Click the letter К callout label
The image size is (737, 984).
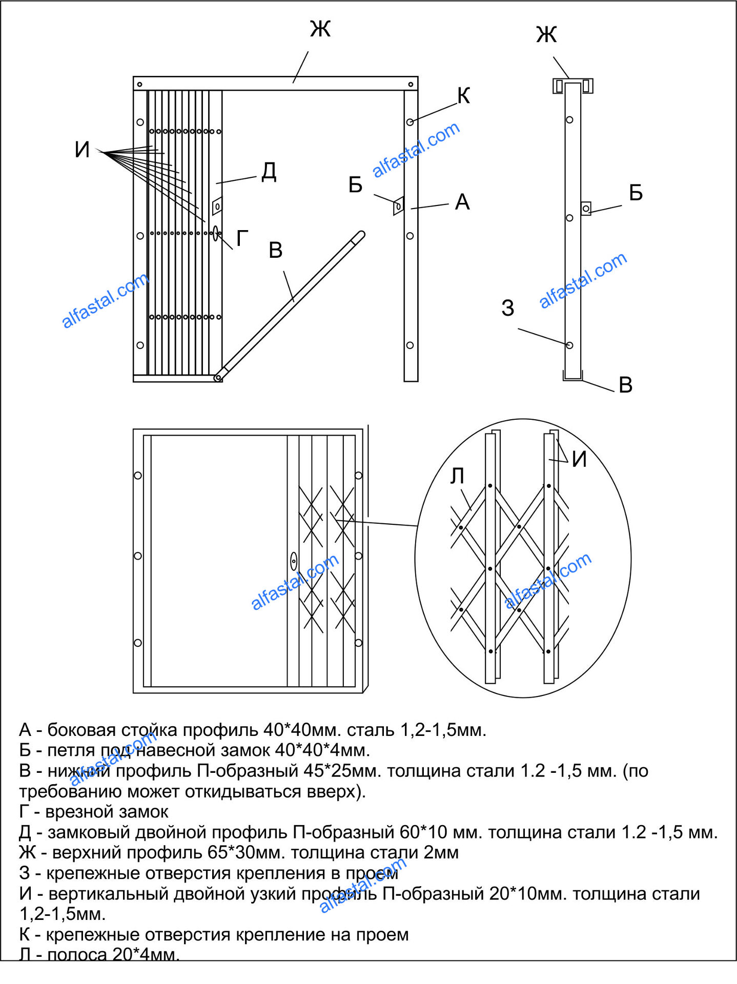point(463,95)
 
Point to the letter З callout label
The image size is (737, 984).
point(507,308)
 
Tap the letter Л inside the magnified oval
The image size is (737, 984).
point(457,476)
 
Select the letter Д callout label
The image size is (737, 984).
point(269,172)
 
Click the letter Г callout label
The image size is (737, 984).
point(242,238)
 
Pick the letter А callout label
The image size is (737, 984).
point(462,202)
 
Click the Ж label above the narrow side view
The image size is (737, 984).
point(546,35)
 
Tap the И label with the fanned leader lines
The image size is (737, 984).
point(82,150)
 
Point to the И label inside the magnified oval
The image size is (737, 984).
point(579,459)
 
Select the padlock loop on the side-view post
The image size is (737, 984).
point(586,208)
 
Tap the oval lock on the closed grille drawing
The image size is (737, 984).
point(294,561)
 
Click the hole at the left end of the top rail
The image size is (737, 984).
point(139,85)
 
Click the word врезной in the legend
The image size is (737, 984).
point(76,812)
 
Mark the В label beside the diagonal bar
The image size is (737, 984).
point(276,250)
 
